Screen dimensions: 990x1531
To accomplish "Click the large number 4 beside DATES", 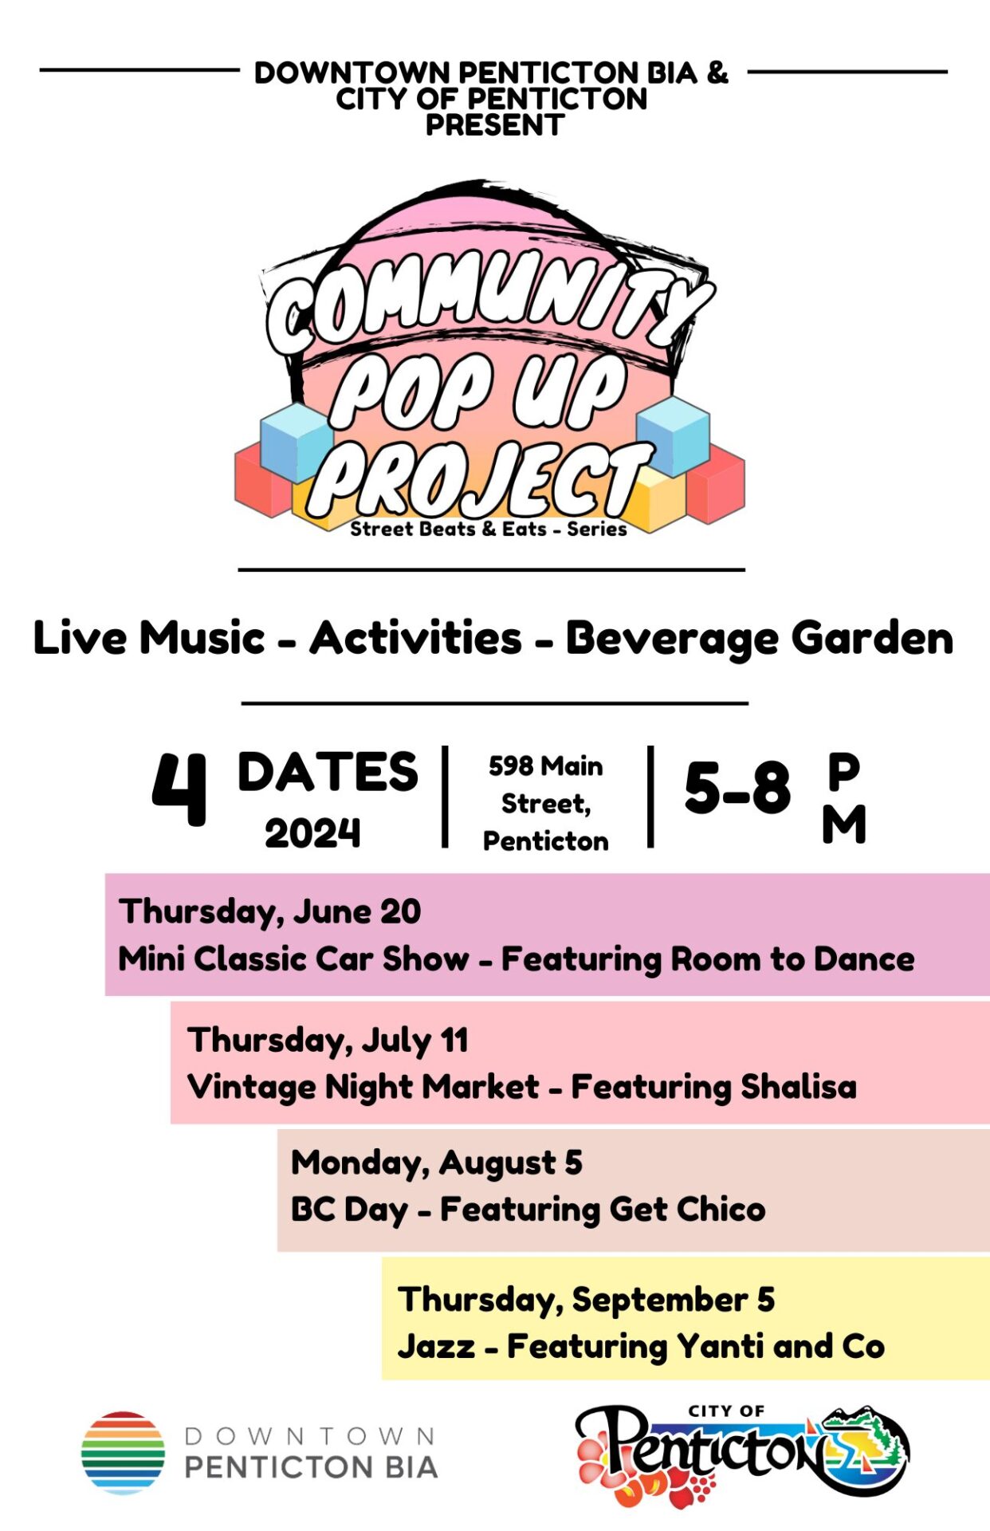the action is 179,789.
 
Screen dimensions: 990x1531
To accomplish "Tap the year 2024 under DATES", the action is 312,834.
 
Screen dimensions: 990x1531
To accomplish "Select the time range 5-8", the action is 737,788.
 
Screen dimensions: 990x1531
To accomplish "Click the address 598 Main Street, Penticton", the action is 546,803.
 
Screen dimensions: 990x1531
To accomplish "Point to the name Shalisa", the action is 799,1086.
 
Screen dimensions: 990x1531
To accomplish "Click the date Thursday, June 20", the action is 270,912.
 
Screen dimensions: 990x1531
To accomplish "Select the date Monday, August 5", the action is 437,1163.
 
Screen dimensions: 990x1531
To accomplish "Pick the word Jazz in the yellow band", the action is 437,1347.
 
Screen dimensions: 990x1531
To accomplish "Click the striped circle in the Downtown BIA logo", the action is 123,1453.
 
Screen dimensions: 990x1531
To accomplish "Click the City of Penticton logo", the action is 742,1455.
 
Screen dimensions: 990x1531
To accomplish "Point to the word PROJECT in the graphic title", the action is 481,478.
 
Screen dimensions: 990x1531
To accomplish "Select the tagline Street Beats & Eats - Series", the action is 489,529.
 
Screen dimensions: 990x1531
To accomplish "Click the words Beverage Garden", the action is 759,639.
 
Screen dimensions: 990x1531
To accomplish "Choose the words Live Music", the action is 149,638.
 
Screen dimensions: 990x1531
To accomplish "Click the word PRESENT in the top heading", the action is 495,125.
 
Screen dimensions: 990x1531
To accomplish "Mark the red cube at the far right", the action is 716,484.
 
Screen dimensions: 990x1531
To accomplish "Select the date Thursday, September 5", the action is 587,1301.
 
